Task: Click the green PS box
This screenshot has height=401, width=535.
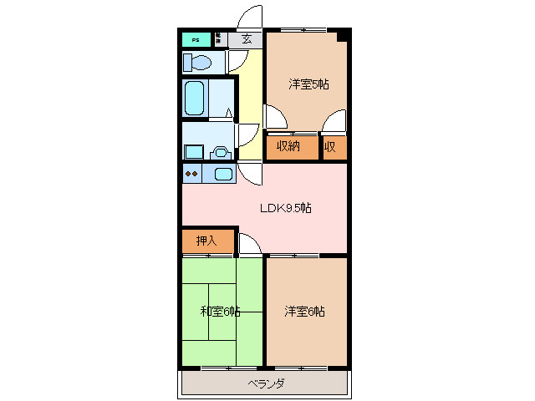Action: [x=196, y=39]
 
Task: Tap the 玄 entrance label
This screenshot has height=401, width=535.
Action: [x=247, y=38]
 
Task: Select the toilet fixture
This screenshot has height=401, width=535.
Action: [x=199, y=63]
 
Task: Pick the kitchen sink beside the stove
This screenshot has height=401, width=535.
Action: [x=223, y=174]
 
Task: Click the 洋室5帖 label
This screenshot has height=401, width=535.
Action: [x=308, y=84]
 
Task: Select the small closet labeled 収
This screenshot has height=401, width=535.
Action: [x=332, y=147]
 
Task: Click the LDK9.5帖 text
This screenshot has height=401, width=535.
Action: [x=283, y=208]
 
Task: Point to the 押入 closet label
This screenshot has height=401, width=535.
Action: [x=206, y=241]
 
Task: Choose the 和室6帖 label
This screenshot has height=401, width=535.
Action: [x=220, y=312]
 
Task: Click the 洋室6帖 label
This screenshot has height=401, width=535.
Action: [x=304, y=312]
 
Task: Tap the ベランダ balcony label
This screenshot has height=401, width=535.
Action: [x=266, y=383]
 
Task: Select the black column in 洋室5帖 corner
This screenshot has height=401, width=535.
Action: [x=343, y=36]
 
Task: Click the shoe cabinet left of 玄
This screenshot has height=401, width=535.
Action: [x=218, y=38]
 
